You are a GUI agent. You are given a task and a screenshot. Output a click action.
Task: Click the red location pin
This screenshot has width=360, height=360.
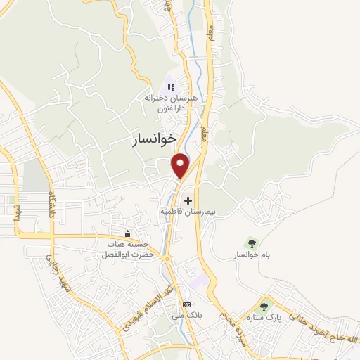(181, 165)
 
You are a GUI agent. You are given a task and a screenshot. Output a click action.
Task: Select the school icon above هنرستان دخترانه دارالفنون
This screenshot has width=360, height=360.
(170, 87)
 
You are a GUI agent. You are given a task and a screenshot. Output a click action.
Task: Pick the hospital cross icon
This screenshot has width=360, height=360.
(187, 201)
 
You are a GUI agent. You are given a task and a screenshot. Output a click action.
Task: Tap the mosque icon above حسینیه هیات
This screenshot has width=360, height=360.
(127, 234)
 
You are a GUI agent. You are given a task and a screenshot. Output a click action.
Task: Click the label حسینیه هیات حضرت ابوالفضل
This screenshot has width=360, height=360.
(127, 249)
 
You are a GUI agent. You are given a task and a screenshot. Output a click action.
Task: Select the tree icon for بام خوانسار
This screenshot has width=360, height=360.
(254, 243)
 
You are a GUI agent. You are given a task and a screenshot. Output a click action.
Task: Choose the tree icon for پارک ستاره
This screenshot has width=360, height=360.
(264, 306)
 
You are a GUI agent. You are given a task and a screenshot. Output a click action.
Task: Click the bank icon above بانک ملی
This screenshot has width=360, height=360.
(186, 304)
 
